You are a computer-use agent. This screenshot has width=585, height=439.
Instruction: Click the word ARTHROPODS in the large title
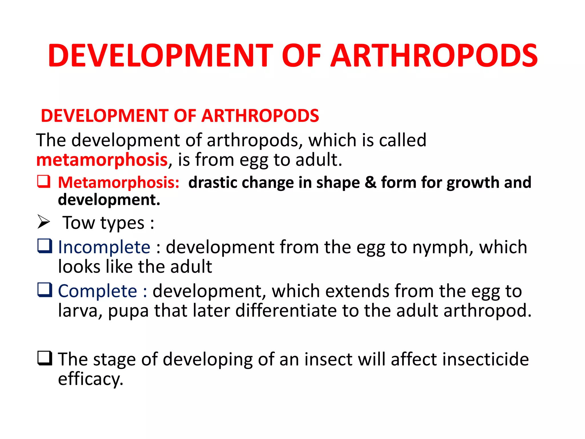pos(434,56)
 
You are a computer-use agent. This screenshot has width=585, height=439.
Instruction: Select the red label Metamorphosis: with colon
pos(119,182)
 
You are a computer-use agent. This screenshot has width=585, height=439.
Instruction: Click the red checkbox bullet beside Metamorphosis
pos(44,181)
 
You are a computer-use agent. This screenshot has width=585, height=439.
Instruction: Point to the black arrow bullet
pos(44,222)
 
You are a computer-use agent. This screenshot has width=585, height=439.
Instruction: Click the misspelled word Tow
pos(79,223)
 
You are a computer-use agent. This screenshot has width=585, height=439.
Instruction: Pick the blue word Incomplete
pos(104,247)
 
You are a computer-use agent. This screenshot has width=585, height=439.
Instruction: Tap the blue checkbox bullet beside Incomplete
pos(45,246)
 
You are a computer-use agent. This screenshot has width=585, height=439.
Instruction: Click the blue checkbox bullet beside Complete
pos(45,290)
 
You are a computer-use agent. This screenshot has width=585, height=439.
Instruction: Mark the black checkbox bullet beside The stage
pos(45,358)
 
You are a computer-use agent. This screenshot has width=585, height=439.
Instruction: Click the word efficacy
pos(91,379)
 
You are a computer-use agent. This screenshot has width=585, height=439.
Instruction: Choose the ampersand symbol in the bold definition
pos(370,182)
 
